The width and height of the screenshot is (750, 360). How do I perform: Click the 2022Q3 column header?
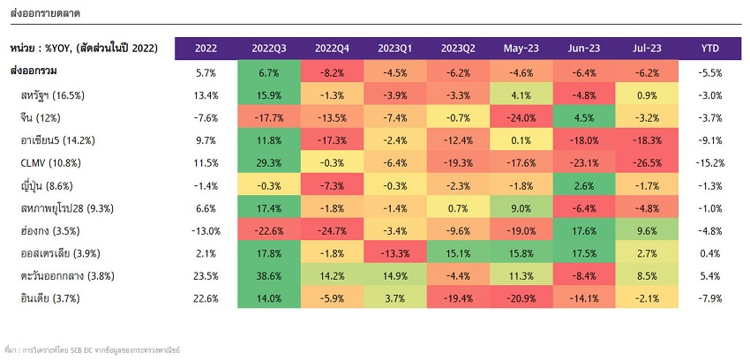(268, 48)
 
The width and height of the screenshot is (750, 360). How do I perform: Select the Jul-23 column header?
(647, 48)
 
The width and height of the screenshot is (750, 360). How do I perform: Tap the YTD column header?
(710, 48)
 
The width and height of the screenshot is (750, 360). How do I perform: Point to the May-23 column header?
(521, 48)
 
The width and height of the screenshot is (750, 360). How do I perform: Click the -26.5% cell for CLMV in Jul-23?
(647, 162)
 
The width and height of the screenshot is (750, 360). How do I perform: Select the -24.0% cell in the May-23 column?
(521, 116)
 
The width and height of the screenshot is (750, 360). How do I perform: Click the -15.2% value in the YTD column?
(710, 162)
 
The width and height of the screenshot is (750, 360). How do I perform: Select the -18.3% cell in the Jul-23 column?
(647, 139)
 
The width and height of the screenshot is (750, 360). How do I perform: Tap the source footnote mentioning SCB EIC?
(92, 350)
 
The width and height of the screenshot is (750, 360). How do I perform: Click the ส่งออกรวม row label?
(34, 71)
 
